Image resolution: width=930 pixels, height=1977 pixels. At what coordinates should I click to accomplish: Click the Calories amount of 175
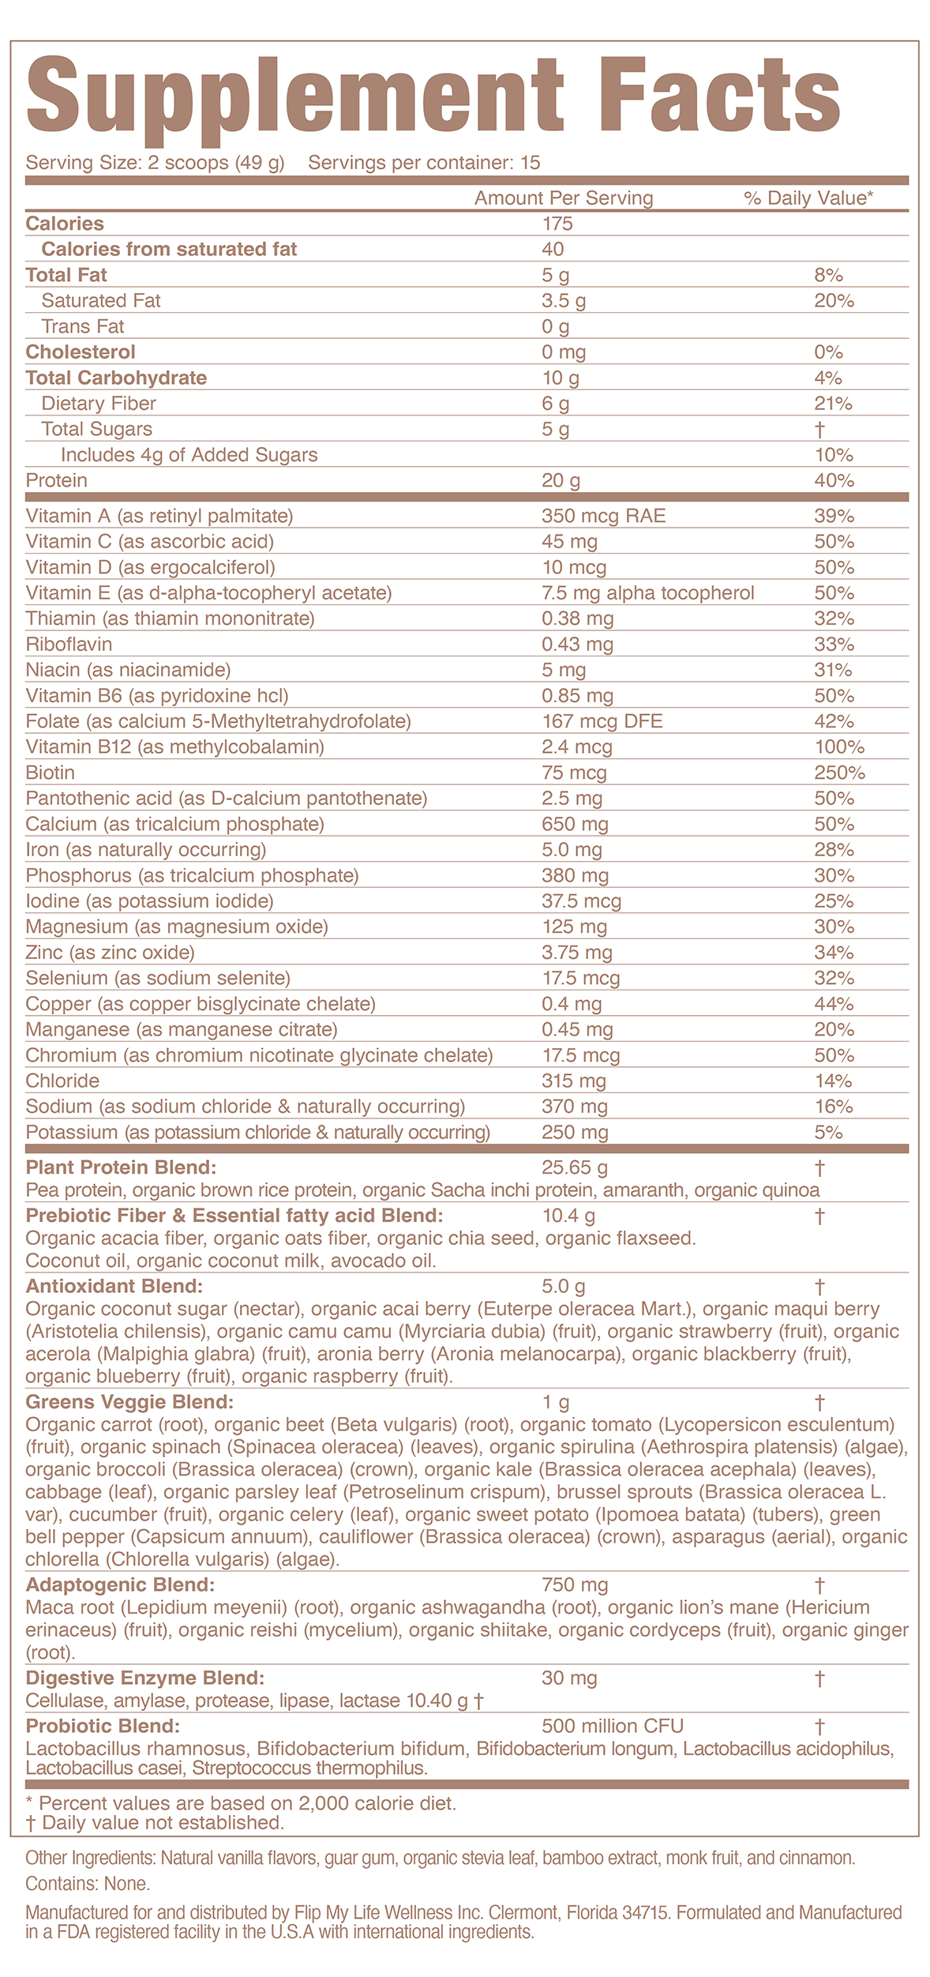click(557, 224)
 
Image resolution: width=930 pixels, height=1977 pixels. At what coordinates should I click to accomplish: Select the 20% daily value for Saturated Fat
click(834, 301)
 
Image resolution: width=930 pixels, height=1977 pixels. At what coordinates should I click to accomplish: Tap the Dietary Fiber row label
click(99, 404)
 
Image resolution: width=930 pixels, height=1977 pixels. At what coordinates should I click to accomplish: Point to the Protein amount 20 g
click(561, 481)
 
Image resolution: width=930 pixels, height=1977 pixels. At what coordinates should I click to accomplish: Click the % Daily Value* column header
click(808, 198)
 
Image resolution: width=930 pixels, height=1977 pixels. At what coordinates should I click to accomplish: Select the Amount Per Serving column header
click(564, 198)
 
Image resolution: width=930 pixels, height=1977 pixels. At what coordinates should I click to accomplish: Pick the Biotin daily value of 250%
click(839, 773)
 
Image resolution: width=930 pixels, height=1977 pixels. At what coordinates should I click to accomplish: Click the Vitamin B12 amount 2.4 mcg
click(576, 747)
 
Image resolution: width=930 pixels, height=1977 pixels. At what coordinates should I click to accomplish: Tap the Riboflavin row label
click(69, 645)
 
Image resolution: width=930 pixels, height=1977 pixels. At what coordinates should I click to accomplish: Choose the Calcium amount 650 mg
click(575, 825)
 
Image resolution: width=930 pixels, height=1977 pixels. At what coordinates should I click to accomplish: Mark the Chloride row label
click(62, 1081)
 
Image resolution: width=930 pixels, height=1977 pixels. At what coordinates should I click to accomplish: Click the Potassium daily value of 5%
click(828, 1133)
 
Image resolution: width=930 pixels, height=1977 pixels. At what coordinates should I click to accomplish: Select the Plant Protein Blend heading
click(121, 1167)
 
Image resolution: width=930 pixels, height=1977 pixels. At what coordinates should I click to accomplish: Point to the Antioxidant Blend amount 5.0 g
click(564, 1287)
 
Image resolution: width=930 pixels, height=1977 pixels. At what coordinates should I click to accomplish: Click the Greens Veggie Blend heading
click(129, 1403)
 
